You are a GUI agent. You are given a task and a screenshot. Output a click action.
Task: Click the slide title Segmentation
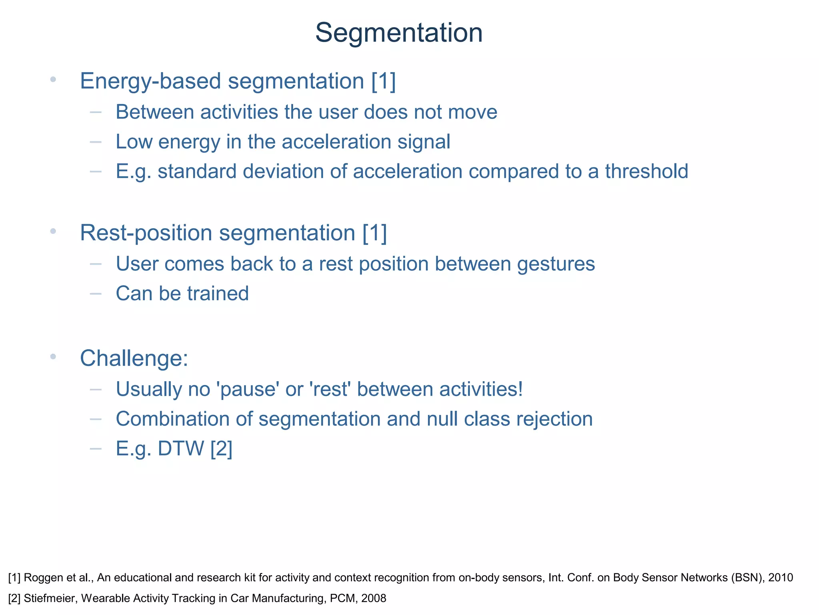[x=399, y=33]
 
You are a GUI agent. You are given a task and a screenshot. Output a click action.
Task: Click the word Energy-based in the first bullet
[x=150, y=81]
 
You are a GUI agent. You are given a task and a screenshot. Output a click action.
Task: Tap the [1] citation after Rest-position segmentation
[x=375, y=233]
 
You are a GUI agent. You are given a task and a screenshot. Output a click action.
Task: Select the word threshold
[x=646, y=171]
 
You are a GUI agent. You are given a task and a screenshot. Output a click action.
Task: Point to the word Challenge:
[x=134, y=358]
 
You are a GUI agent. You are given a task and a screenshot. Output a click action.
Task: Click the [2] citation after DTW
[x=221, y=448]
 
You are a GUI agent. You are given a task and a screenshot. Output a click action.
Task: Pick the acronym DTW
[x=181, y=448]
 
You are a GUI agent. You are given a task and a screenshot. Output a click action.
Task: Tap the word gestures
[x=556, y=264]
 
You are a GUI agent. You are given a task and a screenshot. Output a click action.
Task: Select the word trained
[x=218, y=293]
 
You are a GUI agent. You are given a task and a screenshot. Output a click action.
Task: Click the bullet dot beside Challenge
[x=53, y=356]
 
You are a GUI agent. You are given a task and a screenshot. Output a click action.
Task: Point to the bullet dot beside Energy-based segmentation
[x=53, y=79]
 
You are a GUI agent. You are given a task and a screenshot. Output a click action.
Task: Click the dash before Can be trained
[x=96, y=294]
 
